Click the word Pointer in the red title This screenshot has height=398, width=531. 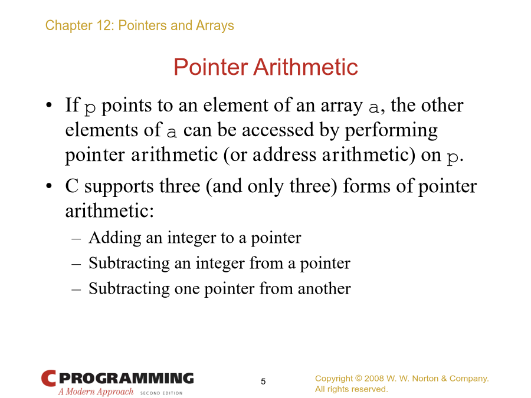pyautogui.click(x=211, y=67)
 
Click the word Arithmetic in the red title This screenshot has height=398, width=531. pyautogui.click(x=306, y=67)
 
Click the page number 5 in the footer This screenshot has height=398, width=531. pyautogui.click(x=263, y=381)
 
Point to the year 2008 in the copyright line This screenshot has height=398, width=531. pyautogui.click(x=374, y=379)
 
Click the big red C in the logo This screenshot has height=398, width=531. pyautogui.click(x=48, y=379)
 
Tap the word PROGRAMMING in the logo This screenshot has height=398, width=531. pyautogui.click(x=126, y=378)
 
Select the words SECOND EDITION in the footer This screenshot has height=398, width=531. pyautogui.click(x=161, y=393)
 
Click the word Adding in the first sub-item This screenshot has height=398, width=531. pyautogui.click(x=115, y=238)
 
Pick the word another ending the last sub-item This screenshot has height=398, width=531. pyautogui.click(x=324, y=289)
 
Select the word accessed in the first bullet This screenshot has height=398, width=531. pyautogui.click(x=278, y=130)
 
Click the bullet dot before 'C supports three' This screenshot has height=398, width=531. pyautogui.click(x=49, y=186)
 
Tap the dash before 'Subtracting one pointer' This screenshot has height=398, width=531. pyautogui.click(x=76, y=290)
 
